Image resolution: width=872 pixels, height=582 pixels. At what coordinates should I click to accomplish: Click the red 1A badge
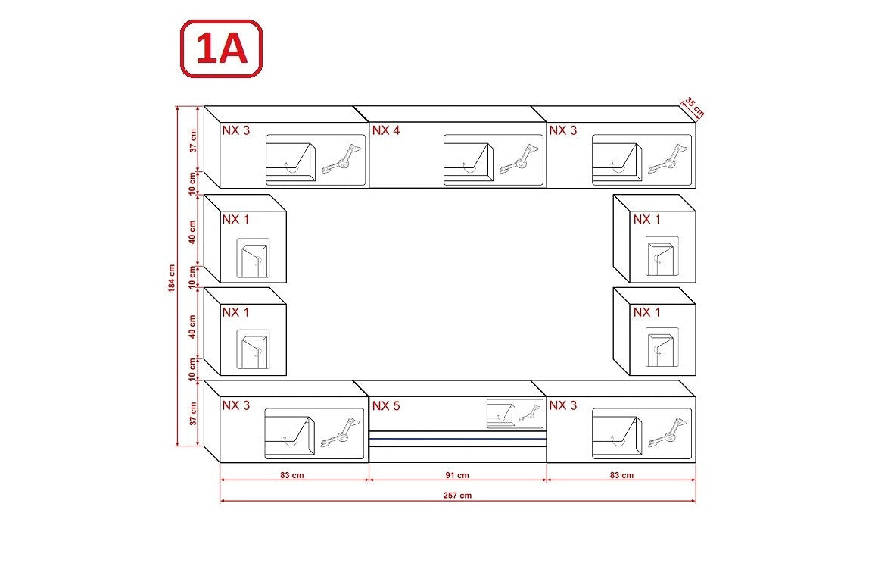coord(221,49)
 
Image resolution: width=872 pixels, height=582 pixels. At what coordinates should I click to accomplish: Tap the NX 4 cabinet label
coord(386,130)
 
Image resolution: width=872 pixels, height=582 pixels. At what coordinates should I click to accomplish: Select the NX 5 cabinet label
coord(386,406)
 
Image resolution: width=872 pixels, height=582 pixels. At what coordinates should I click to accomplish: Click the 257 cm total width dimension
coord(457,495)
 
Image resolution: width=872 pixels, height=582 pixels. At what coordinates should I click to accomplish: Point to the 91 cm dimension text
coord(457,475)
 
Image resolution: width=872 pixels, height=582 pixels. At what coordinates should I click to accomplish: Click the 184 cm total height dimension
coord(172,277)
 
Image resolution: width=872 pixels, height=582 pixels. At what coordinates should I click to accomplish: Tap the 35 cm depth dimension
coord(694,107)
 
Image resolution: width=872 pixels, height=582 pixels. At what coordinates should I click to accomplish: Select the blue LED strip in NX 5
coord(457,438)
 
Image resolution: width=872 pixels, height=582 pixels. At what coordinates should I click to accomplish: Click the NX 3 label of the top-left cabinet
coord(236,130)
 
